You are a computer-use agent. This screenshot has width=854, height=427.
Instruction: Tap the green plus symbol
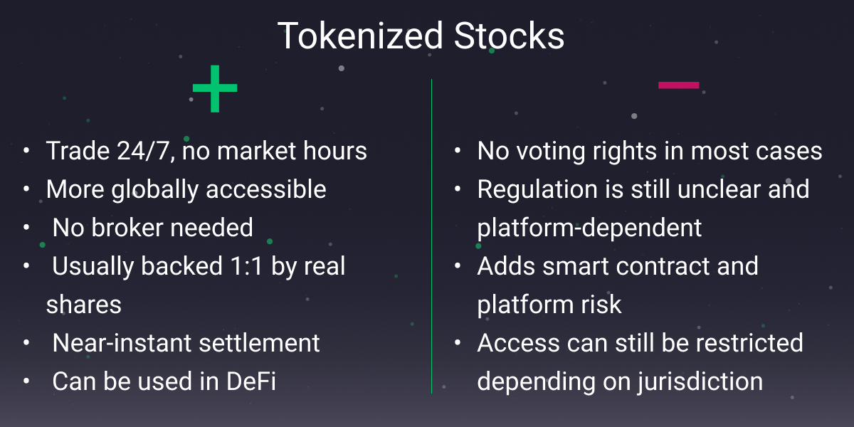214,89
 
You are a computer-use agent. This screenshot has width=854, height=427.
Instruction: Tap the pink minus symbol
678,85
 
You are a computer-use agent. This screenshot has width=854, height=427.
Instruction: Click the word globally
169,189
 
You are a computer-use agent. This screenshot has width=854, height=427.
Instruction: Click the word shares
84,305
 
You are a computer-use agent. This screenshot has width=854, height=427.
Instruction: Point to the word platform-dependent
589,228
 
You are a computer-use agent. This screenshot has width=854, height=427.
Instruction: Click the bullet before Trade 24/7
26,151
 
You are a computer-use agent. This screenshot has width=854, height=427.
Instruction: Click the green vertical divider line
432,235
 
